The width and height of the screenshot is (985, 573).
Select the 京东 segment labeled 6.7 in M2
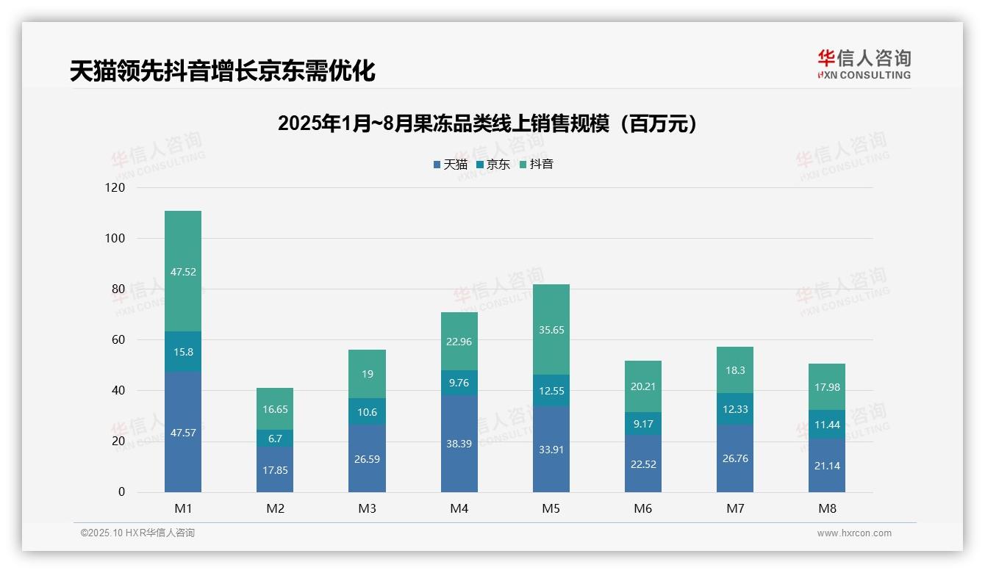tap(275, 439)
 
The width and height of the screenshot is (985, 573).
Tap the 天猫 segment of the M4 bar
tap(459, 444)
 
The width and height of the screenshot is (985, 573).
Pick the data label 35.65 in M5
tap(551, 330)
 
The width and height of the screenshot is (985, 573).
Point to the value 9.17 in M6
tap(643, 424)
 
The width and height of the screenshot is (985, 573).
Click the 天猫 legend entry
tap(451, 165)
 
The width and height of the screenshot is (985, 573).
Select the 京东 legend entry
tap(493, 165)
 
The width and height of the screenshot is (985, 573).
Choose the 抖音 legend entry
tap(537, 165)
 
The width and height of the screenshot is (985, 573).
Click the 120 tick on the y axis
tap(115, 188)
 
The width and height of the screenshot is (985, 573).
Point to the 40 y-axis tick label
tap(118, 391)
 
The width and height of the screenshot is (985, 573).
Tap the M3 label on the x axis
tap(367, 508)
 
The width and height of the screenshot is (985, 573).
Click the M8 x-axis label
tap(827, 508)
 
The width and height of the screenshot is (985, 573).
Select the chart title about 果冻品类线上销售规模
tap(487, 124)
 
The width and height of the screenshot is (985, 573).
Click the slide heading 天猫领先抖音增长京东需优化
tap(222, 71)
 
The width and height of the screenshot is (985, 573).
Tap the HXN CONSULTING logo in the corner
tap(864, 65)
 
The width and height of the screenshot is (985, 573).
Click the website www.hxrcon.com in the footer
tap(854, 533)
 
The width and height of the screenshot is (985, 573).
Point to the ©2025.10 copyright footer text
tap(137, 533)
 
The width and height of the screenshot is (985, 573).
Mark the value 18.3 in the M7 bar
tap(735, 371)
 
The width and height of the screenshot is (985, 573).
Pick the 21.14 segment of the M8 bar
tap(827, 465)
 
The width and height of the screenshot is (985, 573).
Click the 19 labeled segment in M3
tap(367, 374)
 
